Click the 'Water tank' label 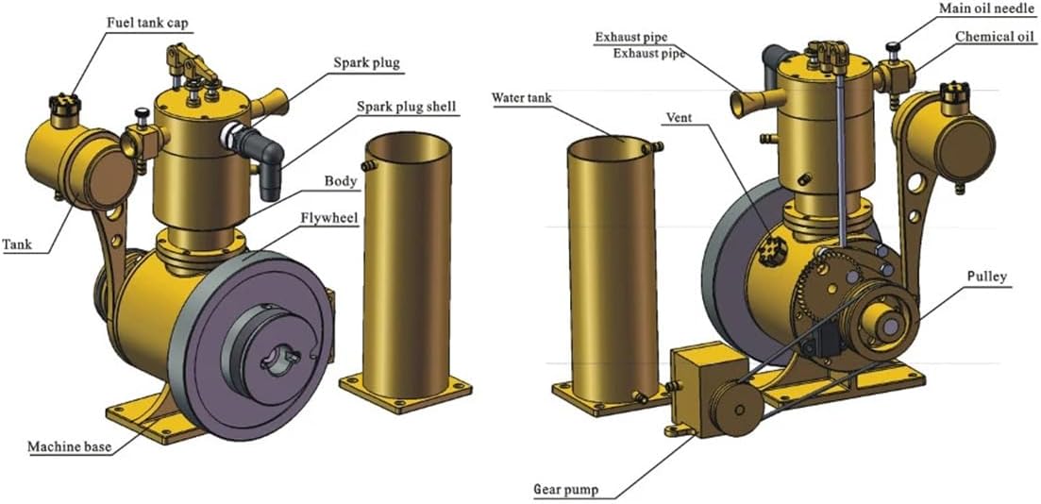pos(523,97)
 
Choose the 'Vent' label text pos(679,119)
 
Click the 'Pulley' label pos(986,277)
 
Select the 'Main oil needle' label pos(983,9)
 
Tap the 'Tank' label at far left pos(17,244)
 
